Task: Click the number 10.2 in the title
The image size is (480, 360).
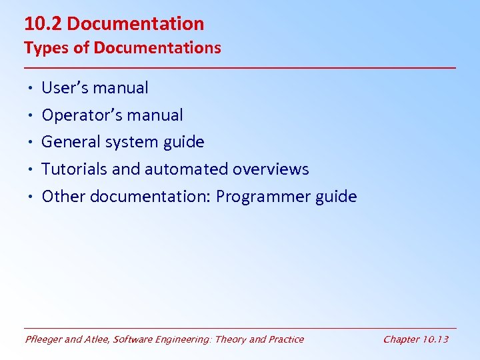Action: click(43, 24)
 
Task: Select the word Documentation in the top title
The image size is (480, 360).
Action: click(135, 24)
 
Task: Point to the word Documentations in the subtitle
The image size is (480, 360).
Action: click(157, 48)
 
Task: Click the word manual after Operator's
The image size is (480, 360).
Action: click(155, 115)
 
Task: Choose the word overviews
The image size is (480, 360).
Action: click(271, 169)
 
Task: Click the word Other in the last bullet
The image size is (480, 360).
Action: click(63, 197)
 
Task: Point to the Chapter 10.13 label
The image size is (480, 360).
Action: click(415, 339)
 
